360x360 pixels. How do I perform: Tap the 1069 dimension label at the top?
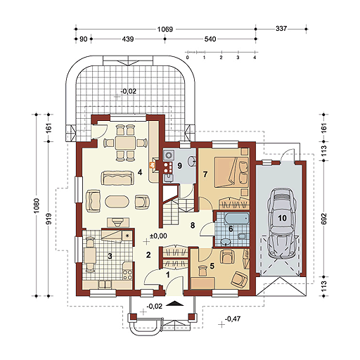point(165,30)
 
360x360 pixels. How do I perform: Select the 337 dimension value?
point(281,29)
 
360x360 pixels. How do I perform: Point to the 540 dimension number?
point(210,39)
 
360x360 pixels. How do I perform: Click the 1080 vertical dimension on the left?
point(37,205)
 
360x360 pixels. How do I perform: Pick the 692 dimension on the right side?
point(323,219)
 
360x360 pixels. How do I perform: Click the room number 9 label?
point(179,166)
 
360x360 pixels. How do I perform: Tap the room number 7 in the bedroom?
point(205,174)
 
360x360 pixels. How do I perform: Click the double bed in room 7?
point(231,172)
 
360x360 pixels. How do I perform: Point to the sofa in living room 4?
point(118,178)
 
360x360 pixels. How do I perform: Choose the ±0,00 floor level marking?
point(158,236)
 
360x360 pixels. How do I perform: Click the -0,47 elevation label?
point(233,319)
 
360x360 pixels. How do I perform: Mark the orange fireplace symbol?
point(152,165)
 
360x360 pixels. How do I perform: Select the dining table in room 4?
point(125,143)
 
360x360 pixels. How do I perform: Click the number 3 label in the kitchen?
point(110,257)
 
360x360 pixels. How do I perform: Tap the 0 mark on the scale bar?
point(187,58)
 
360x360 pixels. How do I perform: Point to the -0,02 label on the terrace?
point(129,91)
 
